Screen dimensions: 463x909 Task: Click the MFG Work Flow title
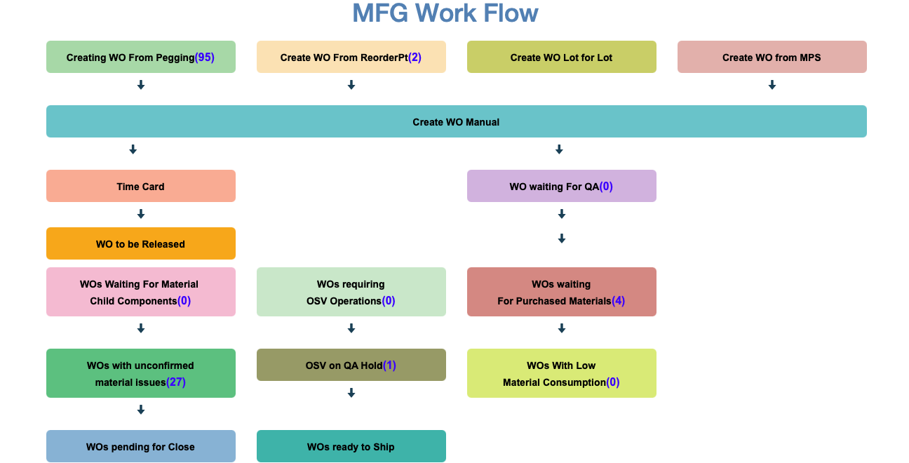coord(445,13)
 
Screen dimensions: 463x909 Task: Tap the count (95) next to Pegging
coord(205,58)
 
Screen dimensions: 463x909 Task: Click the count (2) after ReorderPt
coord(415,58)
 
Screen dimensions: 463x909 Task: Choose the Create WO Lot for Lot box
coord(561,58)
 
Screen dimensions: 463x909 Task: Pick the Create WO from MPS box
coord(772,58)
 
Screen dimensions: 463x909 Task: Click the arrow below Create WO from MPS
coord(772,85)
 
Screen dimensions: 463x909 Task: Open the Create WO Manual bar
coord(456,122)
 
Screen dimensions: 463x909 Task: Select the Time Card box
coord(140,187)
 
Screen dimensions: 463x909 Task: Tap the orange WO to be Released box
coord(140,244)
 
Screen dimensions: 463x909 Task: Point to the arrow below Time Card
coord(140,214)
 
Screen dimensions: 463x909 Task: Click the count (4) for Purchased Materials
coord(618,301)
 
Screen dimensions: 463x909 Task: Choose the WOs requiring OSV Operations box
coord(351,292)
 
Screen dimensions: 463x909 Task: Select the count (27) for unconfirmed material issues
coord(176,382)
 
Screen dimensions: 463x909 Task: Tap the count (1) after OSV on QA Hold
coord(389,365)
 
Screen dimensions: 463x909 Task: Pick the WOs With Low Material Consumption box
coord(561,373)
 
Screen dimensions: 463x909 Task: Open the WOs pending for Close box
coord(140,447)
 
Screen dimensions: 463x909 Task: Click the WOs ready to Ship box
coord(351,447)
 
